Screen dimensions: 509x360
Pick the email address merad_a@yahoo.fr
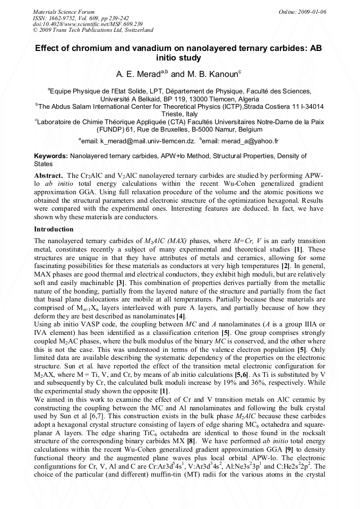250,141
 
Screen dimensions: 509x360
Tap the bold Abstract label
49,175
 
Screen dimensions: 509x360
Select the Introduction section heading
54,229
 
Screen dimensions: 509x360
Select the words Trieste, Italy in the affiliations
180,114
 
